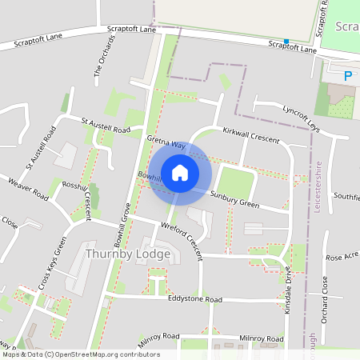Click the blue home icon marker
pos(180,172)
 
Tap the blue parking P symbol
pos(348,77)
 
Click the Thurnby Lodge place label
pos(127,254)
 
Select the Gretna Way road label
pos(166,146)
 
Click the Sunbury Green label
pos(234,199)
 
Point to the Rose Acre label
pos(342,257)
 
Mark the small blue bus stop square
pos(286,42)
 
